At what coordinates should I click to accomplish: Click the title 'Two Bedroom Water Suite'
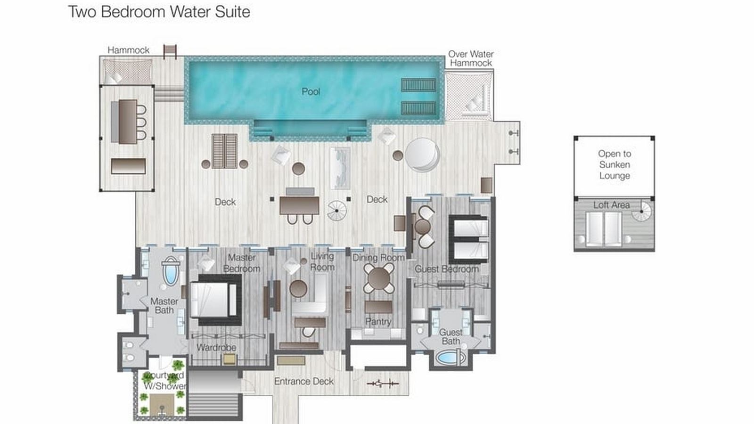point(159,12)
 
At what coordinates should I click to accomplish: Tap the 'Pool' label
point(311,91)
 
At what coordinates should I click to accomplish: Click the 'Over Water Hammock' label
point(471,58)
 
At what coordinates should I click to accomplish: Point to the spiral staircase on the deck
point(337,211)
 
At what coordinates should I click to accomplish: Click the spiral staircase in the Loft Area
point(641,212)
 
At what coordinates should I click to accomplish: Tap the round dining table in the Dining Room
point(379,278)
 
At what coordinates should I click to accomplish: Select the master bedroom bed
point(214,300)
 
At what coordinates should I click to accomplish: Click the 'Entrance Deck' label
point(303,381)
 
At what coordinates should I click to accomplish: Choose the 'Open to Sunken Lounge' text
point(614,164)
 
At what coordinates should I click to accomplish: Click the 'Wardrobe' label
point(216,347)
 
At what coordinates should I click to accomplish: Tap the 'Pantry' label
point(378,321)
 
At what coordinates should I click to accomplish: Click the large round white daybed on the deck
point(422,154)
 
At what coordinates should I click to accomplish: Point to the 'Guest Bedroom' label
point(446,269)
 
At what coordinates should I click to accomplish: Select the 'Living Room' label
point(322,261)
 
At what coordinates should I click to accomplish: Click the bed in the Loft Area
point(604,228)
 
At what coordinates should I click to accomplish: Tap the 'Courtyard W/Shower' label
point(164,381)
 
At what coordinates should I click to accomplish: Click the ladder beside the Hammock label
point(170,51)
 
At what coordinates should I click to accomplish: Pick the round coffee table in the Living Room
point(298,288)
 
